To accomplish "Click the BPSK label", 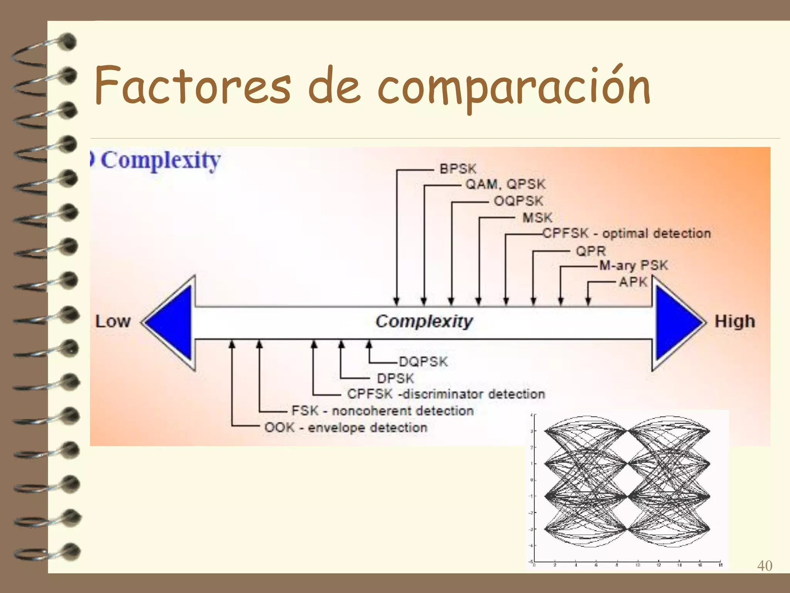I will [x=458, y=169].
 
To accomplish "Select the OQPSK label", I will [x=518, y=201].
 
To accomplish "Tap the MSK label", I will [x=537, y=218].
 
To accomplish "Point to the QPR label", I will [x=591, y=251].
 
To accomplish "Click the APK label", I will [x=633, y=282].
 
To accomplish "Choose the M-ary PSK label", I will [x=633, y=266].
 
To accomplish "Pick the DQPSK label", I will [x=423, y=362].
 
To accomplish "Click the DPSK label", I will [x=395, y=378].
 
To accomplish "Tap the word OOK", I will [x=279, y=427].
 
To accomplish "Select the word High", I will [x=734, y=322].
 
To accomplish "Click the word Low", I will [x=113, y=322].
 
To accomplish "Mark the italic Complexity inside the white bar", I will [x=424, y=322].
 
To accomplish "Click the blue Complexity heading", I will [x=160, y=160].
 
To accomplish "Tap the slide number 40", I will [x=765, y=566].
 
